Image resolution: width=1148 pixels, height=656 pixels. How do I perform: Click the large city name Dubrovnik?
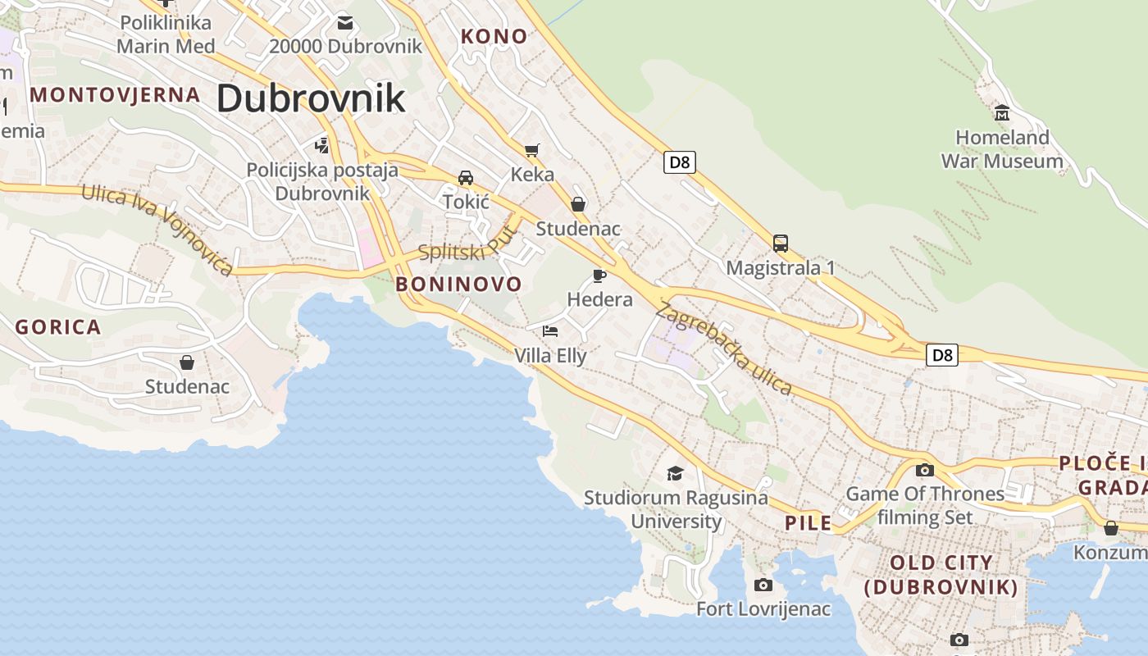pyautogui.click(x=311, y=98)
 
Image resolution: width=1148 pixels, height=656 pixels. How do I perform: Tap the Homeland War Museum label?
pyautogui.click(x=1002, y=149)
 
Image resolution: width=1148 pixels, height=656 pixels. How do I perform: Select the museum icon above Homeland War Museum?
pyautogui.click(x=1001, y=112)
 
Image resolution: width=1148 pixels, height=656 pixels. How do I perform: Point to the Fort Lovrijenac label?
pyautogui.click(x=763, y=609)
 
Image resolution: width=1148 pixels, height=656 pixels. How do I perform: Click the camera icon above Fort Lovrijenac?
pyautogui.click(x=763, y=585)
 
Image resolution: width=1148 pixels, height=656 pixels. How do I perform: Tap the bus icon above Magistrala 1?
pyautogui.click(x=781, y=244)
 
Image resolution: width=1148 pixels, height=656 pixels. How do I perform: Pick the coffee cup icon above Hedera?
pyautogui.click(x=599, y=276)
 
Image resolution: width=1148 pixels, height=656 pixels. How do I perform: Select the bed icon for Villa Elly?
pyautogui.click(x=550, y=331)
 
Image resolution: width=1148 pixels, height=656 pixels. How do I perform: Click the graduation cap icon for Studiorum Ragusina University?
pyautogui.click(x=675, y=473)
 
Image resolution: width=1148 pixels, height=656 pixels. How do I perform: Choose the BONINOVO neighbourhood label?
pyautogui.click(x=458, y=285)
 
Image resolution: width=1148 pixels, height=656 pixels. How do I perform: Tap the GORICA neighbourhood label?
pyautogui.click(x=58, y=327)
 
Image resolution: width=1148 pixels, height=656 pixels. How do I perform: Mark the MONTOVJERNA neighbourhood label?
pyautogui.click(x=115, y=95)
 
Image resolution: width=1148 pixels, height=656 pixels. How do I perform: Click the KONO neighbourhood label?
pyautogui.click(x=494, y=37)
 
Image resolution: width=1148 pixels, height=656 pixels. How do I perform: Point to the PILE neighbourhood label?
pyautogui.click(x=808, y=523)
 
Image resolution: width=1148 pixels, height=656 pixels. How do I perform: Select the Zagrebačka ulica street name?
pyautogui.click(x=723, y=348)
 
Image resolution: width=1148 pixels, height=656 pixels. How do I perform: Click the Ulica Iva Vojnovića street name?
pyautogui.click(x=157, y=230)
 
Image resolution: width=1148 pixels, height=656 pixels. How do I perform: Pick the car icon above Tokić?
pyautogui.click(x=466, y=178)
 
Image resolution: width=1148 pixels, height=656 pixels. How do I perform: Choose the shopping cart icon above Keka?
pyautogui.click(x=532, y=150)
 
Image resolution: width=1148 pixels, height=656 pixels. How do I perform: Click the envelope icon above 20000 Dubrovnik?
pyautogui.click(x=345, y=22)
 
